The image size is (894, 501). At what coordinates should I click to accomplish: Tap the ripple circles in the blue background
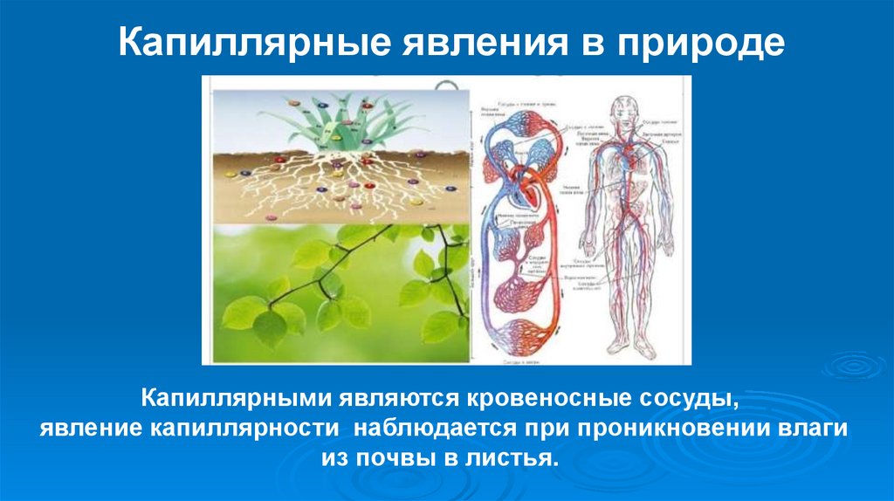tap(851, 366)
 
